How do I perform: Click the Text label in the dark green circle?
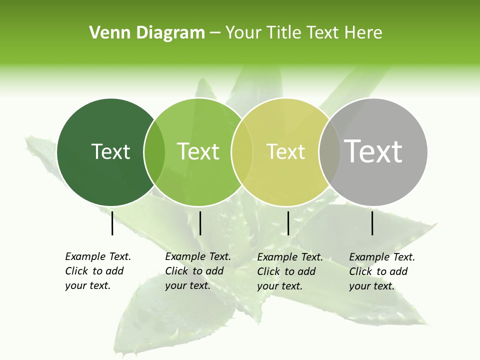pyautogui.click(x=110, y=151)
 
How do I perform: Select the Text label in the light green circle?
pyautogui.click(x=198, y=151)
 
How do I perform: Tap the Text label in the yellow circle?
pyautogui.click(x=286, y=151)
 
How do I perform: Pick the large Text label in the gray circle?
pyautogui.click(x=373, y=151)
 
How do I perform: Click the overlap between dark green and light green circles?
pyautogui.click(x=154, y=152)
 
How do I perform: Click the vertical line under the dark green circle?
pyautogui.click(x=112, y=223)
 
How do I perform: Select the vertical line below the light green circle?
pyautogui.click(x=200, y=223)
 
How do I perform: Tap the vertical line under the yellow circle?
pyautogui.click(x=288, y=223)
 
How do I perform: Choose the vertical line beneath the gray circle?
pyautogui.click(x=372, y=223)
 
